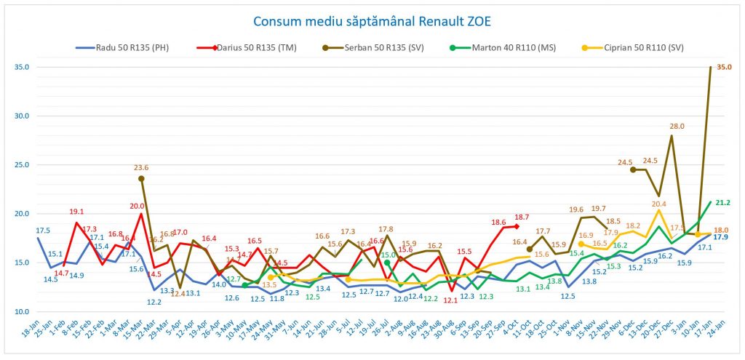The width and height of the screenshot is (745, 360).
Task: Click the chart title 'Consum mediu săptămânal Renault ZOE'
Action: [x=372, y=20]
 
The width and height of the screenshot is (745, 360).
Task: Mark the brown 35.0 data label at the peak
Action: [x=725, y=67]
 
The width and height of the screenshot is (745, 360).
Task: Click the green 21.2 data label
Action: [x=722, y=203]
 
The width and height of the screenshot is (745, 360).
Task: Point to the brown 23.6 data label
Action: [x=141, y=167]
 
